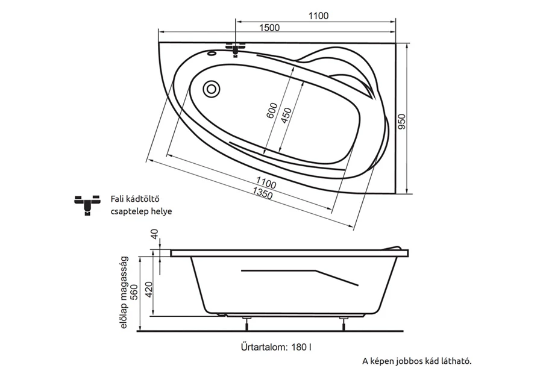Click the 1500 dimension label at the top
[269, 27]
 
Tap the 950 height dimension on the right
[402, 122]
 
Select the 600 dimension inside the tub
[272, 110]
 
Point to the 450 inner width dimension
[286, 116]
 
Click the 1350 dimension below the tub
[263, 193]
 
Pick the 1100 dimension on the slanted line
[266, 182]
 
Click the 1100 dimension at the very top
[318, 16]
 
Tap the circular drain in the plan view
[211, 89]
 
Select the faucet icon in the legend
[87, 204]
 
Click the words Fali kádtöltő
[135, 199]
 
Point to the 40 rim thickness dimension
[155, 234]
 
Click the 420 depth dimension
[148, 290]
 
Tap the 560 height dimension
[134, 291]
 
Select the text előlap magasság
[125, 293]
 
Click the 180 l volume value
[301, 347]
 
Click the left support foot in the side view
[246, 323]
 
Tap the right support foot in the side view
[344, 323]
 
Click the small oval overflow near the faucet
[212, 53]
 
